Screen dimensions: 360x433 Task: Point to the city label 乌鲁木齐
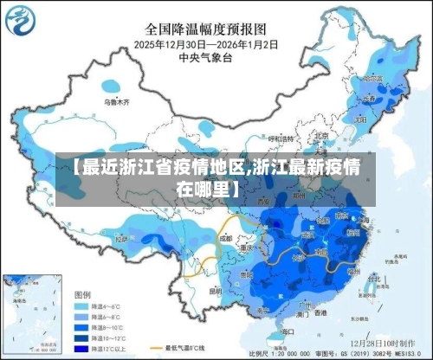(116, 102)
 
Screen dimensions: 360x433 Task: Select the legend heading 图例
(83, 294)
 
